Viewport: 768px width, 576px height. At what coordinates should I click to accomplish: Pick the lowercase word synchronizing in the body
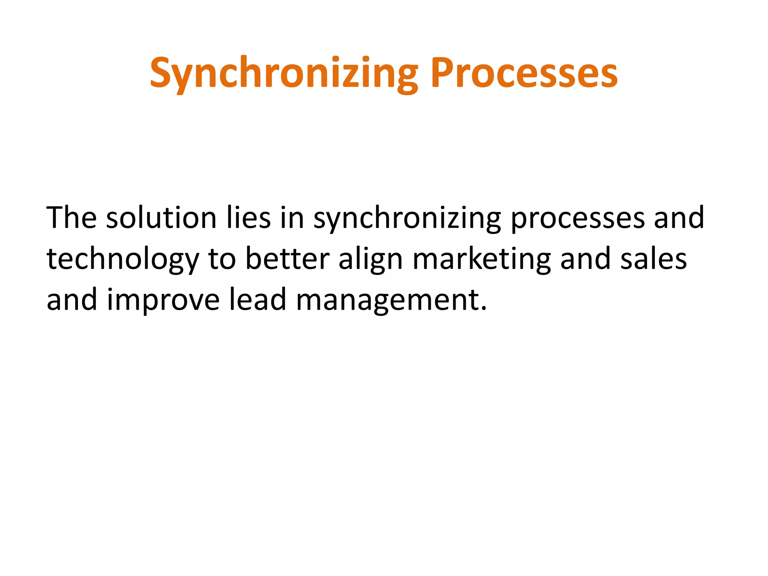point(407,219)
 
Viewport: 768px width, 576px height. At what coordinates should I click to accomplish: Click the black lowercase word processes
point(577,219)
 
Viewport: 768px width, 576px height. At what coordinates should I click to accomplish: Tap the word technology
point(123,259)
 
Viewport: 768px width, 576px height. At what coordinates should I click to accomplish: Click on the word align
point(370,259)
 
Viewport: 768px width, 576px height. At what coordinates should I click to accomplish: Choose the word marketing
point(481,259)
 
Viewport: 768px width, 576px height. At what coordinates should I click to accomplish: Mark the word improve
point(163,300)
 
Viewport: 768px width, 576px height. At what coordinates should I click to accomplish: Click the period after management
point(483,308)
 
